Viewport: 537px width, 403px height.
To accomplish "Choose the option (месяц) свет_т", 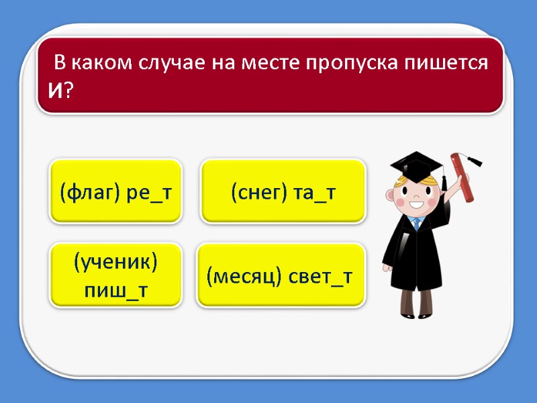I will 280,276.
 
